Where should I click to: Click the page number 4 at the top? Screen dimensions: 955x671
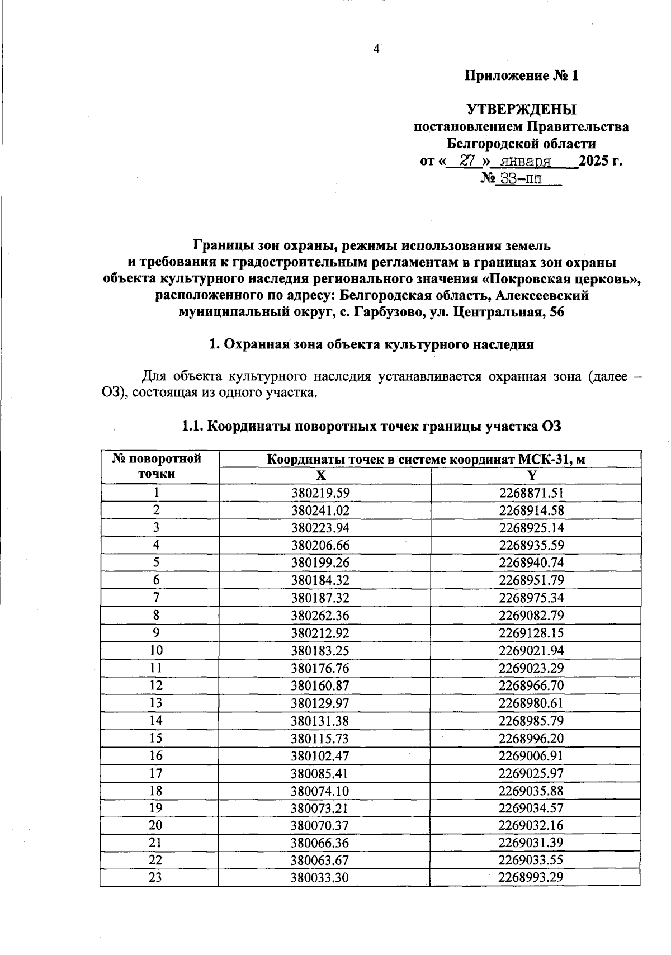point(376,49)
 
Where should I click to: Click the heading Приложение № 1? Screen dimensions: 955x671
point(521,75)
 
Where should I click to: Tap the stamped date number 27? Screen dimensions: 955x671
point(467,161)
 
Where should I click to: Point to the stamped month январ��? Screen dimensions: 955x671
point(526,162)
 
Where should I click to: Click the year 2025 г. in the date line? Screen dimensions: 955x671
point(601,161)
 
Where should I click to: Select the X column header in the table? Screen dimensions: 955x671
point(320,475)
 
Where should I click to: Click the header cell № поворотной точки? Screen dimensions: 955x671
point(157,466)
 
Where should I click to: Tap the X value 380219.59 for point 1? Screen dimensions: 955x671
point(320,493)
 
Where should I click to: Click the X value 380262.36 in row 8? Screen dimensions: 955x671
point(320,615)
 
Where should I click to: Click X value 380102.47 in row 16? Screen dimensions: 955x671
point(320,755)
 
